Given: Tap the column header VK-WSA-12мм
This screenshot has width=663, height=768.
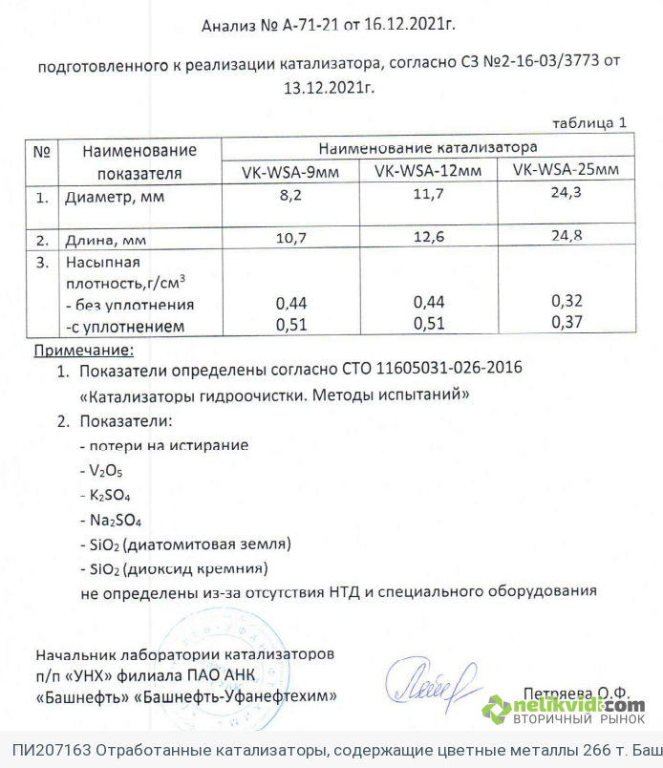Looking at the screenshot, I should pyautogui.click(x=427, y=170).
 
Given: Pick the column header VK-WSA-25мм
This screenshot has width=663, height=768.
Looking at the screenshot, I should pyautogui.click(x=567, y=170).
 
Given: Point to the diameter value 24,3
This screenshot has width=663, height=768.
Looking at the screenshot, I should pyautogui.click(x=567, y=192).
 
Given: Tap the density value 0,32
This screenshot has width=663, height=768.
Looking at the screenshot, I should pyautogui.click(x=567, y=300).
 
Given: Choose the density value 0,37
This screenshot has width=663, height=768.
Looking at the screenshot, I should pyautogui.click(x=567, y=323).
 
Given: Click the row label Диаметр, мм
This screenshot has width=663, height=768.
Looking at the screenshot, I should pyautogui.click(x=114, y=200).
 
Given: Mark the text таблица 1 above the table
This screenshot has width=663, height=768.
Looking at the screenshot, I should pyautogui.click(x=591, y=123).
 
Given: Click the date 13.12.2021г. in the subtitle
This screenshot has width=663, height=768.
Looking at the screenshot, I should pyautogui.click(x=330, y=86).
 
